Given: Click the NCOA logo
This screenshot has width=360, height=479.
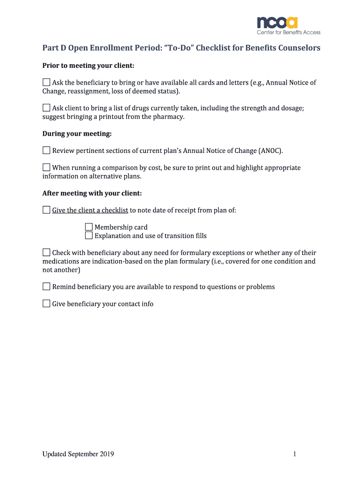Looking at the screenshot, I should pos(277,22).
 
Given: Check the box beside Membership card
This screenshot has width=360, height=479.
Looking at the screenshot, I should pos(89,227).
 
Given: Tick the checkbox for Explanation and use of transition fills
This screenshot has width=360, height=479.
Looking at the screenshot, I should pos(89,236).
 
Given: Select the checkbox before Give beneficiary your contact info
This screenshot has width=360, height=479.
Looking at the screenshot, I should pos(46,304).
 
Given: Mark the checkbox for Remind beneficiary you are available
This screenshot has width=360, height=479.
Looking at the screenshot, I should pos(46,286).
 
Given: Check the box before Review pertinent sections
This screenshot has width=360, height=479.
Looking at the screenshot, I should pos(46,150).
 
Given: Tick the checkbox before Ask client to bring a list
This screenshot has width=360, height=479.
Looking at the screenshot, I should pos(46,108).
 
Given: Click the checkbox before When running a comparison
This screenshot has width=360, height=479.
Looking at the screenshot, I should pos(46,167).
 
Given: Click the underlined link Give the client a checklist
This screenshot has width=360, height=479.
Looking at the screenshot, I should pos(90,210).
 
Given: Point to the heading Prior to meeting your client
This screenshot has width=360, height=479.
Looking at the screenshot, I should pos(88,65).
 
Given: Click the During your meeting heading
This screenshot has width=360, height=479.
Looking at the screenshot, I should pos(77,134).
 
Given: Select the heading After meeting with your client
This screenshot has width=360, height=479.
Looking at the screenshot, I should pos(92,193).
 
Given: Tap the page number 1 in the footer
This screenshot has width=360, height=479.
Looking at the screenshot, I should pos(295,454).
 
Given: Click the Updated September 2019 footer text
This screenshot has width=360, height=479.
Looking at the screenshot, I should pos(78,454).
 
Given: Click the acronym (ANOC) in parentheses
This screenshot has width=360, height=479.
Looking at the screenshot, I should pos(271,151).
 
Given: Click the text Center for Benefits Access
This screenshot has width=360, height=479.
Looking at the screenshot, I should pos(288,32).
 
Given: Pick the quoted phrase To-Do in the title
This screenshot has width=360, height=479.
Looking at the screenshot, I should pos(178,48).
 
